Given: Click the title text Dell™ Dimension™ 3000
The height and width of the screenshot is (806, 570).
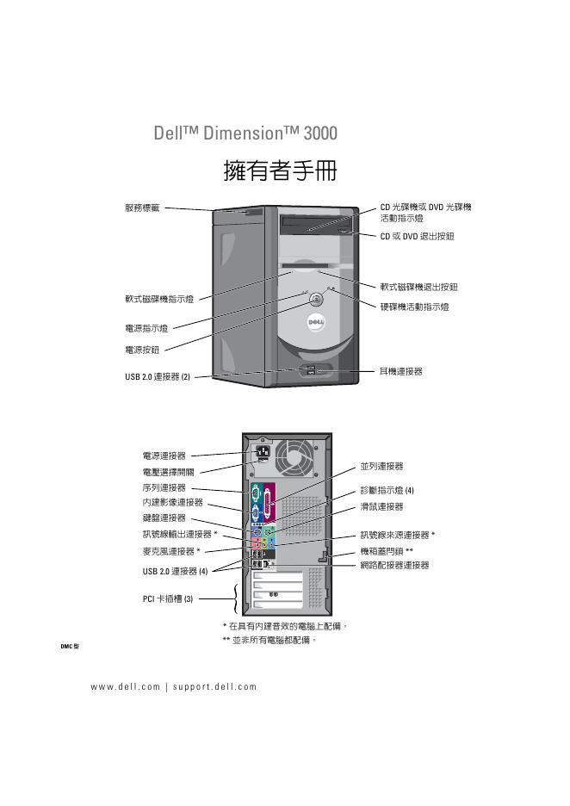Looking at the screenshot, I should coord(245,133).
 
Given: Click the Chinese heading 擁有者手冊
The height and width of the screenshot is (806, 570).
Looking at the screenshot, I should coord(279,170).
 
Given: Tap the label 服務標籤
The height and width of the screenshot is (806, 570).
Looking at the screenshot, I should coord(141,208).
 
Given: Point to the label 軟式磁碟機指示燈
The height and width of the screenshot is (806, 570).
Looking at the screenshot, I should coord(158,299).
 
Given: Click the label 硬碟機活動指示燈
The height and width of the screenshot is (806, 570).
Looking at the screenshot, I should coord(414,306).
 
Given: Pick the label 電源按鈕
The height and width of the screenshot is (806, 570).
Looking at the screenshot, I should coord(142,349).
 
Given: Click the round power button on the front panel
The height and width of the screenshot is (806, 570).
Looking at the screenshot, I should coord(317,301).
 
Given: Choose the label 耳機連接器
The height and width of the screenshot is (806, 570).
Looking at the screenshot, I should coord(401,371).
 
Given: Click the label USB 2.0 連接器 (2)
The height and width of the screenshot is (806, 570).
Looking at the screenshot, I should coord(157,376).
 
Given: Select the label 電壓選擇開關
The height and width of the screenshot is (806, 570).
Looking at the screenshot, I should coord(168,471).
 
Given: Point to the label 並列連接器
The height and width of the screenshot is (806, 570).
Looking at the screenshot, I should coord(381,466).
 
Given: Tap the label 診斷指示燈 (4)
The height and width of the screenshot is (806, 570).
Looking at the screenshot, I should coord(387,490).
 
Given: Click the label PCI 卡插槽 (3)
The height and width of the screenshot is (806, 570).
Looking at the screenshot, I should coord(168,599).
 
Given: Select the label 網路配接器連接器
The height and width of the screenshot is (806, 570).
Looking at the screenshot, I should coord(393,565).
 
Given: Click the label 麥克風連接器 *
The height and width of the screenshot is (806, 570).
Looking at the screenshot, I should coord(171,551).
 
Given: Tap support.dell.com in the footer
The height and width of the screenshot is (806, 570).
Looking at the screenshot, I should coord(214,686).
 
